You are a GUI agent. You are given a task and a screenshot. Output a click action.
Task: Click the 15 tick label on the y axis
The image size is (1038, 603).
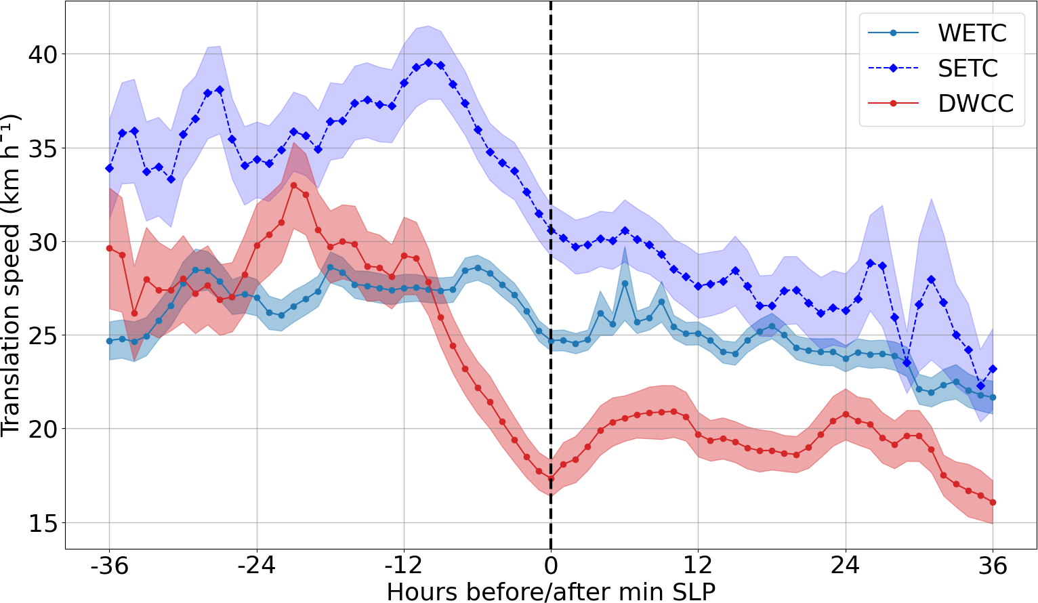pyautogui.click(x=44, y=523)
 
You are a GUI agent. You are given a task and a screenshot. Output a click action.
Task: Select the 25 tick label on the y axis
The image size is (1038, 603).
pyautogui.click(x=44, y=335)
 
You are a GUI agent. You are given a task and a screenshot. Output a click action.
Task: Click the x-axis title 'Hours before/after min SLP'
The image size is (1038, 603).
pyautogui.click(x=551, y=591)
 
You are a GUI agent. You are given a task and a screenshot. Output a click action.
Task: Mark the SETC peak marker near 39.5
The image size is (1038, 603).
pyautogui.click(x=428, y=62)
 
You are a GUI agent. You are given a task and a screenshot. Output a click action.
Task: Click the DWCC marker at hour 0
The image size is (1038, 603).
pyautogui.click(x=551, y=478)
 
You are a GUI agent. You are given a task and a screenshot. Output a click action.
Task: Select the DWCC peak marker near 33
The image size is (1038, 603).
pyautogui.click(x=293, y=185)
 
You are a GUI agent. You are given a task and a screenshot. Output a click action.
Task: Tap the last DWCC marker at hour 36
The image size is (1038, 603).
pyautogui.click(x=993, y=502)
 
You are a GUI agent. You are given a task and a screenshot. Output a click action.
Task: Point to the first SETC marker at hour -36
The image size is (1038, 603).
pyautogui.click(x=109, y=168)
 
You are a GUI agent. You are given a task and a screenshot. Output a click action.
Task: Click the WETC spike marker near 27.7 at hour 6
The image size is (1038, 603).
pyautogui.click(x=625, y=283)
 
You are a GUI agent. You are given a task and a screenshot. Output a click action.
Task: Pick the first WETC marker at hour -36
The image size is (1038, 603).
pyautogui.click(x=109, y=341)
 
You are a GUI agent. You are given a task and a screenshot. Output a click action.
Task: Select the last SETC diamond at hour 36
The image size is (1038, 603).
pyautogui.click(x=993, y=369)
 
